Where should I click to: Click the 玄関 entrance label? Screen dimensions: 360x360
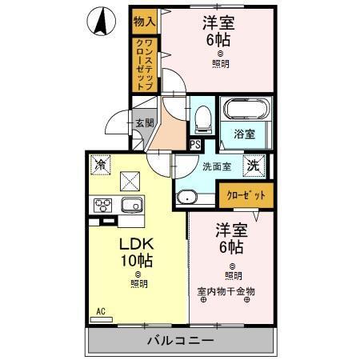(144, 123)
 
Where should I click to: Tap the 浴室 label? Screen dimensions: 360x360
(244, 134)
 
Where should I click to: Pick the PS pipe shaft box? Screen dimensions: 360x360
(195, 144)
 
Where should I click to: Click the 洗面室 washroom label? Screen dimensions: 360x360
(216, 167)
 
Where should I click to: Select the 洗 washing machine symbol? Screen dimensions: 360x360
(253, 166)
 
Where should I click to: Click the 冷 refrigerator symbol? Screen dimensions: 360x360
(101, 164)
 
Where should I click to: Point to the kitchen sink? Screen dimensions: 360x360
(131, 206)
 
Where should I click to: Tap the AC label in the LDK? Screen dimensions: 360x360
(102, 311)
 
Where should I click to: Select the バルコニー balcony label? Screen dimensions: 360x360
(180, 341)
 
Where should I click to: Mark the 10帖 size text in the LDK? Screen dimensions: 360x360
(136, 261)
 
